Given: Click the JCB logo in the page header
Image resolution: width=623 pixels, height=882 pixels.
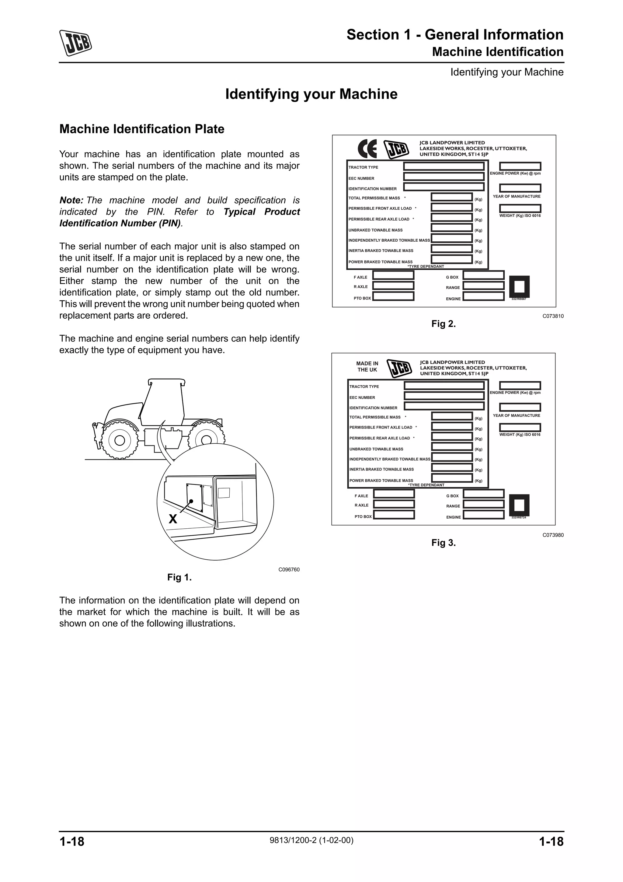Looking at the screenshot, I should tap(75, 43).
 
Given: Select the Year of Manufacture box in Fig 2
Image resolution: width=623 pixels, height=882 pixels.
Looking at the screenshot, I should tap(520, 188).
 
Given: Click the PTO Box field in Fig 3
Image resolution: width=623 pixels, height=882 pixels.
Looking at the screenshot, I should tap(394, 515).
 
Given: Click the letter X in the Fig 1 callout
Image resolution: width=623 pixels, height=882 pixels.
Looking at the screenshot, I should tap(173, 519).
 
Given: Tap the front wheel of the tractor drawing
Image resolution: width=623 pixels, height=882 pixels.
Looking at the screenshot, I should tap(119, 440).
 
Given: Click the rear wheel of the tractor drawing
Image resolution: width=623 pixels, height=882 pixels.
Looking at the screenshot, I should tap(206, 440).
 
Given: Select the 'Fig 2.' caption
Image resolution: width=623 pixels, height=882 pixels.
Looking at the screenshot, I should tap(443, 324).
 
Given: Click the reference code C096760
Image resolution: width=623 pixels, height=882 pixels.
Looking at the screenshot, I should tap(289, 569).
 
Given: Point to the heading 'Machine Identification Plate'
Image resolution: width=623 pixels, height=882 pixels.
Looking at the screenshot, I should tap(142, 129).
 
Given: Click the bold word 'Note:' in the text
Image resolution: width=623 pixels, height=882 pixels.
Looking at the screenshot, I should tap(71, 200).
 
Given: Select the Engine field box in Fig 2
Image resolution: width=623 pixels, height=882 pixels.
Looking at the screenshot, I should tap(483, 296).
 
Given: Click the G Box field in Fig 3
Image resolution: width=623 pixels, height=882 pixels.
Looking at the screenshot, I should tap(483, 494).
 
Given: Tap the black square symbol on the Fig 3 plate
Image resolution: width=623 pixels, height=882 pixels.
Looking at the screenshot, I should tap(519, 505).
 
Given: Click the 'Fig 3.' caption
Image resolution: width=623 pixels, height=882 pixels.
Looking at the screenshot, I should tap(443, 542).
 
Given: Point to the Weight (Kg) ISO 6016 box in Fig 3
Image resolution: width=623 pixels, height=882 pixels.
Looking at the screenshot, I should tap(520, 427).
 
